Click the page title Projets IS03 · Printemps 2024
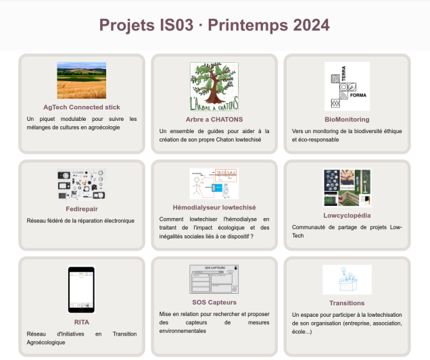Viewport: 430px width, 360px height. [x=214, y=25]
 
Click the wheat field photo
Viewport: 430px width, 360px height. [x=81, y=80]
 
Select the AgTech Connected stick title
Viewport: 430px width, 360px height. [x=81, y=107]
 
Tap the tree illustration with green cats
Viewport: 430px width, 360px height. [x=214, y=86]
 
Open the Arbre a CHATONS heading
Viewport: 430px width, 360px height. [x=214, y=120]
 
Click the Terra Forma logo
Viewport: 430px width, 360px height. [x=347, y=86]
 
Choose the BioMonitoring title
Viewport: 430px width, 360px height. [x=347, y=120]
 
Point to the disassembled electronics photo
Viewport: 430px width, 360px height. [x=81, y=184]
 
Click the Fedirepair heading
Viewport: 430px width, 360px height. [x=81, y=209]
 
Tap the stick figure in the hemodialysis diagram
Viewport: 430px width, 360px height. [x=196, y=186]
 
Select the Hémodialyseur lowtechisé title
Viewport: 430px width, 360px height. [x=214, y=207]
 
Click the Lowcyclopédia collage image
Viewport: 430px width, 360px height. [x=347, y=188]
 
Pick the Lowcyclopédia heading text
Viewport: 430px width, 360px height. [x=347, y=215]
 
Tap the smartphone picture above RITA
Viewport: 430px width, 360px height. [x=81, y=289]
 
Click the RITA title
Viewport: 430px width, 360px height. [x=81, y=322]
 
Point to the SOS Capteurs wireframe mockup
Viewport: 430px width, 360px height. [x=214, y=279]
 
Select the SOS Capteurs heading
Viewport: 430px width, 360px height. [x=214, y=303]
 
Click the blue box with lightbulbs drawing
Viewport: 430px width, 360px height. [x=348, y=280]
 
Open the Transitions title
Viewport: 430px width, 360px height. [x=347, y=303]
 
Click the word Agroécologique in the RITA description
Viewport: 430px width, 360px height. [x=46, y=342]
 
